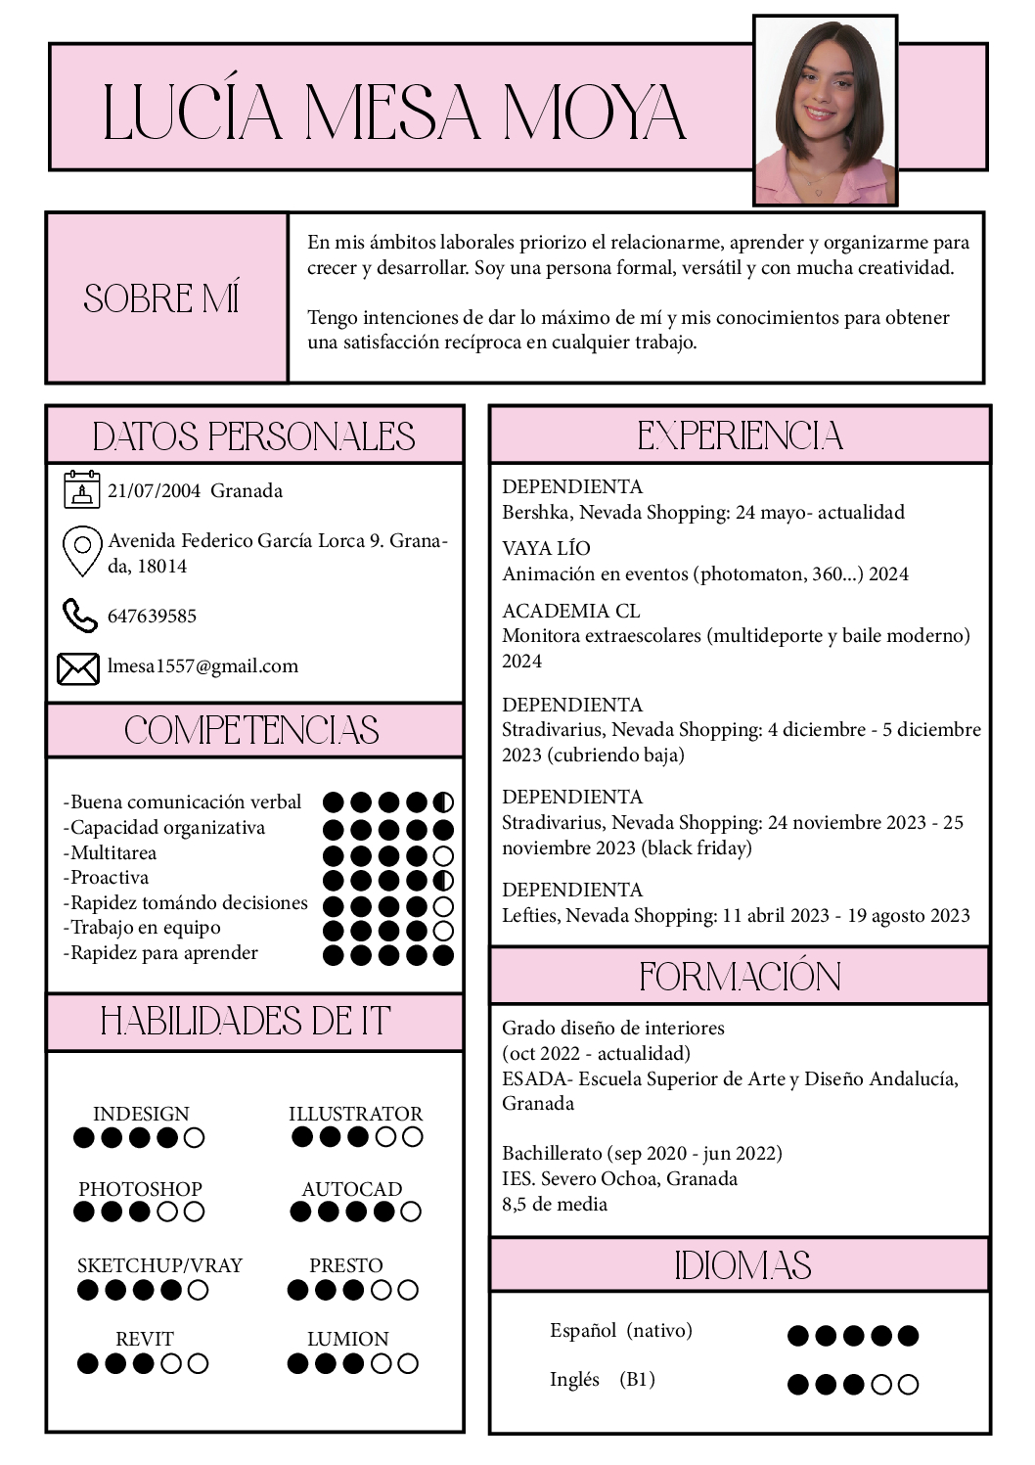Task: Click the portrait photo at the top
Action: [x=825, y=111]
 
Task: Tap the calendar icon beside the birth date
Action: [x=82, y=489]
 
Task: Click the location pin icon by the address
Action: [x=82, y=550]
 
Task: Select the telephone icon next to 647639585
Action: [x=80, y=616]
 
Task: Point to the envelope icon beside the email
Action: [x=78, y=667]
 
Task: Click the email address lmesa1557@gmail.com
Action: [x=202, y=666]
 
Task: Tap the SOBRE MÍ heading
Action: [x=162, y=298]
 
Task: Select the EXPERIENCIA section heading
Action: [x=740, y=435]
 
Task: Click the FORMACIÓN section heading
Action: [x=740, y=976]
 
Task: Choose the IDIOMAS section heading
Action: [x=742, y=1265]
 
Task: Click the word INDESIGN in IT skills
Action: [x=141, y=1114]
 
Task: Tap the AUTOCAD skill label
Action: [x=352, y=1189]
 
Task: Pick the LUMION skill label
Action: [x=348, y=1339]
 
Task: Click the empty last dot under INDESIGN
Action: [x=195, y=1137]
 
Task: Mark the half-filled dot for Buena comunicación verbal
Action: [x=443, y=802]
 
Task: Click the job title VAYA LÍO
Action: [x=546, y=548]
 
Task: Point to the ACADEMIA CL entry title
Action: [x=570, y=611]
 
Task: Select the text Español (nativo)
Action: [x=621, y=1330]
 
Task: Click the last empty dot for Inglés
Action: [x=908, y=1384]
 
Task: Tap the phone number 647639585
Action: [x=152, y=616]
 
